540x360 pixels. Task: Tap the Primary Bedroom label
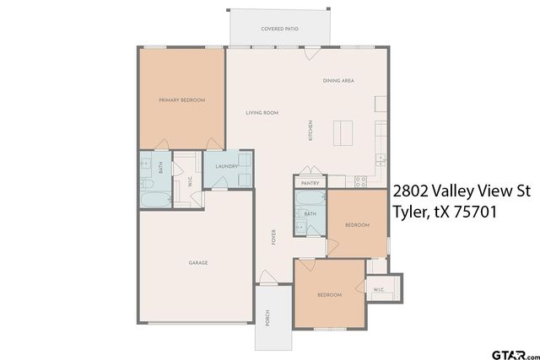click(x=182, y=100)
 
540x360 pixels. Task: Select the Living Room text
click(x=262, y=113)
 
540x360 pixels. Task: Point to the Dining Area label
click(x=337, y=81)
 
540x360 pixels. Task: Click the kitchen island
click(x=342, y=133)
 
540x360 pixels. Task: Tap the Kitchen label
click(x=310, y=132)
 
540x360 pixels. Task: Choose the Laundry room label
click(x=227, y=166)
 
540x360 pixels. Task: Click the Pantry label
click(x=310, y=183)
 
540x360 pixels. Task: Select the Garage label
click(x=198, y=262)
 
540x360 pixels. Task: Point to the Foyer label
click(x=273, y=237)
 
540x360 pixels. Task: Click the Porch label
click(x=267, y=318)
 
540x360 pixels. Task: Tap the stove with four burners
click(x=362, y=180)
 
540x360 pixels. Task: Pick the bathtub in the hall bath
click(x=310, y=199)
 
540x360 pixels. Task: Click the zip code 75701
click(x=469, y=213)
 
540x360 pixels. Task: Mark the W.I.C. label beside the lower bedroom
click(x=379, y=290)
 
